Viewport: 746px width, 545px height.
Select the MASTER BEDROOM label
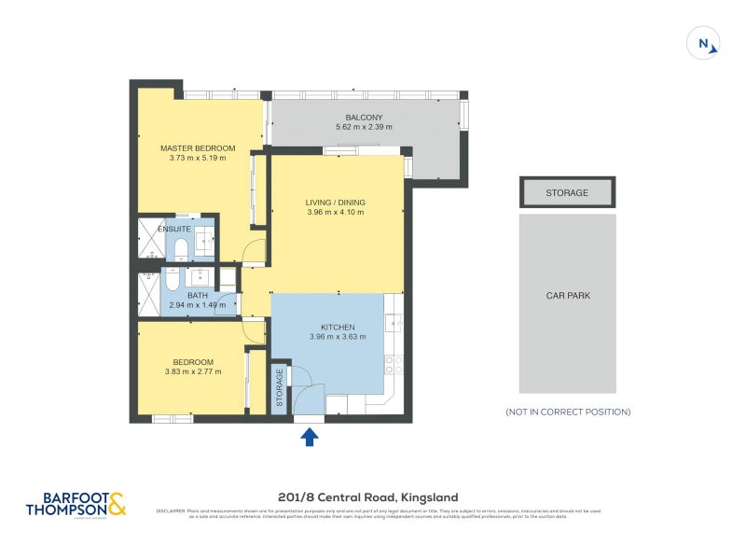click(198, 148)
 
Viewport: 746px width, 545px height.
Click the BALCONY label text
click(364, 117)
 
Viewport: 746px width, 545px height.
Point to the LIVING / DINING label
click(335, 203)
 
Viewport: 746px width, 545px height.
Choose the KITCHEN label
click(337, 327)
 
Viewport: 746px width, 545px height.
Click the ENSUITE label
click(174, 229)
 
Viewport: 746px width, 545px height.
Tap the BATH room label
click(197, 295)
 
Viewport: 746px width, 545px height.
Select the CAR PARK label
click(567, 296)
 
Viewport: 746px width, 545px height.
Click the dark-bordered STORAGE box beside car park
click(567, 193)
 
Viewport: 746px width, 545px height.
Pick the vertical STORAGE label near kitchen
click(279, 387)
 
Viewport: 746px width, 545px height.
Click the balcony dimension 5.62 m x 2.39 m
click(364, 127)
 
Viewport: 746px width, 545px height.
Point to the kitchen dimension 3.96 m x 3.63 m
click(337, 337)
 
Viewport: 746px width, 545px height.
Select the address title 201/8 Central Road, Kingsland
click(368, 497)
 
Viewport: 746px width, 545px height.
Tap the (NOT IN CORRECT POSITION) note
click(567, 412)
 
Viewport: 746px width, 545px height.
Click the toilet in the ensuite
click(179, 248)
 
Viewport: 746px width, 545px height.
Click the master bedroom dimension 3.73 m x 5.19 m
click(198, 159)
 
